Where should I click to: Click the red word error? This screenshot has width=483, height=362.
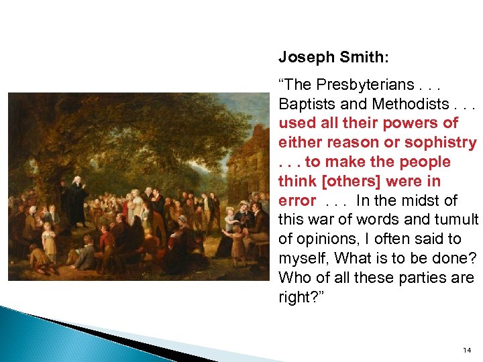click(x=297, y=201)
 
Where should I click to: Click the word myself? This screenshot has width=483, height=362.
click(x=301, y=259)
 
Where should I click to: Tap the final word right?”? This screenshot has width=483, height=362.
click(x=297, y=298)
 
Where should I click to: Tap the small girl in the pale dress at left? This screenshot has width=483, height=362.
click(x=48, y=239)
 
